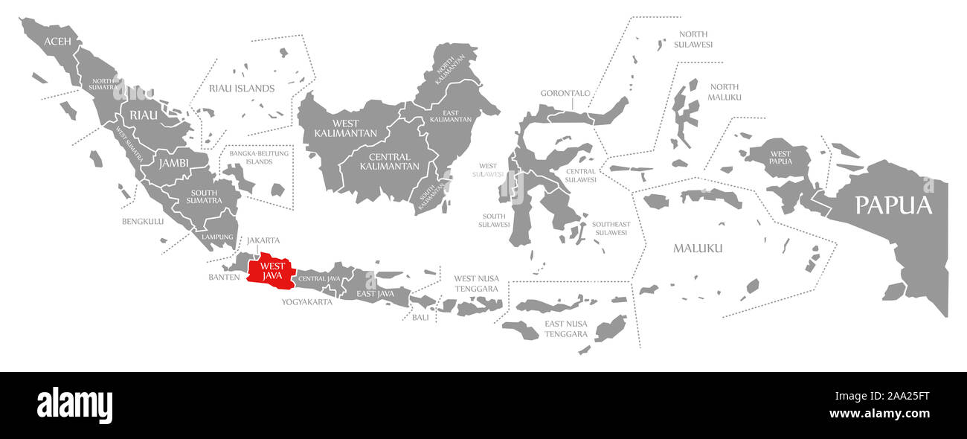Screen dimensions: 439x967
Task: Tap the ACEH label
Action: tap(57, 41)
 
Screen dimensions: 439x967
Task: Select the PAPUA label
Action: tap(893, 205)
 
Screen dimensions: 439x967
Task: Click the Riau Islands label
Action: tap(241, 89)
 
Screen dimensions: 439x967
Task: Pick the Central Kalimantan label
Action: tap(389, 161)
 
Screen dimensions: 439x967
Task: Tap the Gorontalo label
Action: tap(565, 94)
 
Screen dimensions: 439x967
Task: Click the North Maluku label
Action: tap(724, 92)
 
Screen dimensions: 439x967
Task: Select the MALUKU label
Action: tap(698, 248)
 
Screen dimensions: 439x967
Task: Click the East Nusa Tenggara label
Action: tap(566, 329)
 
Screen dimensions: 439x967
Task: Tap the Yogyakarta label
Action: tap(306, 302)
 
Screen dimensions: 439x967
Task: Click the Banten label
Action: tap(224, 278)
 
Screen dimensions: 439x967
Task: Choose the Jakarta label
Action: tap(263, 240)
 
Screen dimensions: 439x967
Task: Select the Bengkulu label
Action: tap(143, 221)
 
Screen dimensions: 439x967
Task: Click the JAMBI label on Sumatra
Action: tap(173, 162)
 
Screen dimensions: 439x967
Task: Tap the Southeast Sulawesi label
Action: tap(611, 228)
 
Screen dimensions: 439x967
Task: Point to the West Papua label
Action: tap(780, 157)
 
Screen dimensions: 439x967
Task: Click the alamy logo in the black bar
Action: tap(75, 405)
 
